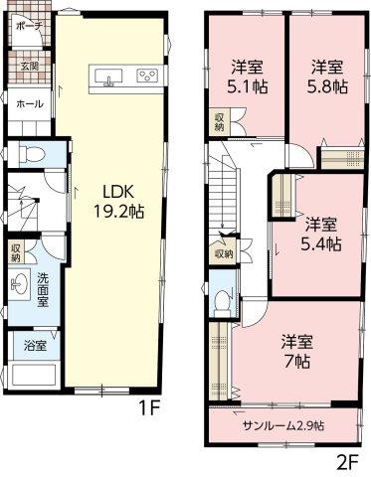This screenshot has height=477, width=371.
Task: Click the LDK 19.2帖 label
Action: click(119, 202)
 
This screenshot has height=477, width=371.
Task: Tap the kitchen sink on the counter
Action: click(108, 77)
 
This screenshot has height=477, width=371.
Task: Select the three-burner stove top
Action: click(148, 76)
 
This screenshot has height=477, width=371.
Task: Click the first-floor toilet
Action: click(32, 154)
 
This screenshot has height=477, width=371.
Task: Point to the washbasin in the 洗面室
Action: click(19, 284)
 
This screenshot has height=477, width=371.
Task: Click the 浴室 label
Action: click(35, 346)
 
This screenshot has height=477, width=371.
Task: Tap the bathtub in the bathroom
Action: click(33, 375)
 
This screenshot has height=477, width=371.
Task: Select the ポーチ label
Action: click(29, 26)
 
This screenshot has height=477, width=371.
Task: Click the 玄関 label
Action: click(29, 67)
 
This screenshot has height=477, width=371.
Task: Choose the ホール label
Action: click(30, 104)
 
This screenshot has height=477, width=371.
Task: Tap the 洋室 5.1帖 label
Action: click(247, 78)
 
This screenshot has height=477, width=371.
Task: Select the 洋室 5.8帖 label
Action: click(326, 77)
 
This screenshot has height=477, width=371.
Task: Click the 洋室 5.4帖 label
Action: click(320, 235)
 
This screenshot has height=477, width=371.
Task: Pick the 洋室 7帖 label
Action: click(297, 352)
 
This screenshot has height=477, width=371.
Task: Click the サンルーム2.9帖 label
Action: click(283, 425)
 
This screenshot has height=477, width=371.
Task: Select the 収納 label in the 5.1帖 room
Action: click(219, 122)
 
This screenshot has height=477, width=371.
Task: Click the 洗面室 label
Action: click(43, 290)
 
